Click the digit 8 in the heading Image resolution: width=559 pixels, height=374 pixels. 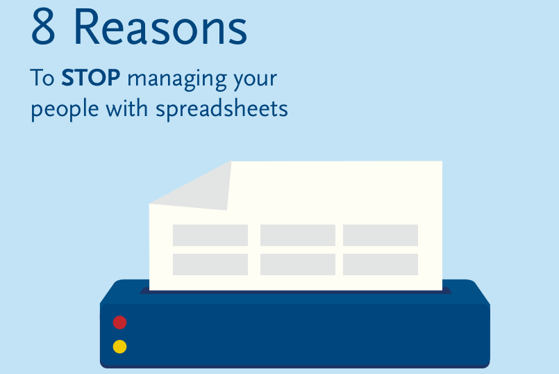point(43,26)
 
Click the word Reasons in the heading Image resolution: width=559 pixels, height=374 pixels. point(160,28)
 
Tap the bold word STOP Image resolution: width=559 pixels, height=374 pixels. point(91,77)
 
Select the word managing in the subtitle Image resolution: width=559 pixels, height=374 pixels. point(177,80)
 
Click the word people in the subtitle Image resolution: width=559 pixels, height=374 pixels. point(65,110)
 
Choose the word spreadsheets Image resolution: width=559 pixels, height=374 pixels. point(222,109)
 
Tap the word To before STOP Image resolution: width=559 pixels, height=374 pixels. point(42,77)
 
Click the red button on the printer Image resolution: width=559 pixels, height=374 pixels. point(119,323)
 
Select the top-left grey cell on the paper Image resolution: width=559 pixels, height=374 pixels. point(210,235)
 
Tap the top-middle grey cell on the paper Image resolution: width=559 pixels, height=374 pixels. point(298,235)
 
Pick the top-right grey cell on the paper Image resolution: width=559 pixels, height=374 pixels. point(381,235)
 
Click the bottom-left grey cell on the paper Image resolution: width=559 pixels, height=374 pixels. point(210,264)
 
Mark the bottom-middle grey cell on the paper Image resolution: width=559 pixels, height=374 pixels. point(298,264)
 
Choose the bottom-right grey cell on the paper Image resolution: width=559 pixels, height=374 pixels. point(381,264)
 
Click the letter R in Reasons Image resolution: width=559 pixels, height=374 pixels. point(87,27)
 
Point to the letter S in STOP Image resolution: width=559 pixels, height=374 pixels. point(68,77)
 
